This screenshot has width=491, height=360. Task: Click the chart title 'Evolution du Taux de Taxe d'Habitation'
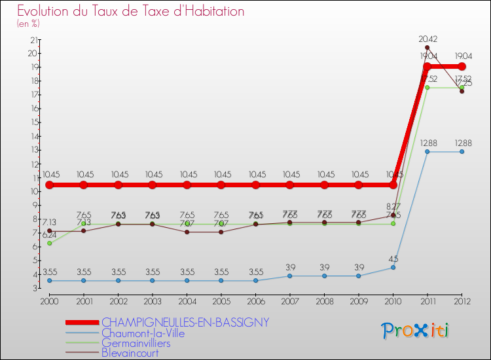131,11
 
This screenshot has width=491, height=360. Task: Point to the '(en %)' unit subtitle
28,24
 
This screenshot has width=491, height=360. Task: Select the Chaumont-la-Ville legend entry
143,333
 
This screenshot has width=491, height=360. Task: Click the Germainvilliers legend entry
136,343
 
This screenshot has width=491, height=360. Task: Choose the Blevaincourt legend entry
130,353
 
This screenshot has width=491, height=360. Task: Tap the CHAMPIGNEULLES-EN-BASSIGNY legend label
185,322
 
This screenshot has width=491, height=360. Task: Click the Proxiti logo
416,331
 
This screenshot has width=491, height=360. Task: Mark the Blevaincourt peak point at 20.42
427,47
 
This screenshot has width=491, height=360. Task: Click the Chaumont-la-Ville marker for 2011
427,151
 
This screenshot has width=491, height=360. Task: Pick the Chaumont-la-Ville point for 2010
393,267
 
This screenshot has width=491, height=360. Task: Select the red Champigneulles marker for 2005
221,185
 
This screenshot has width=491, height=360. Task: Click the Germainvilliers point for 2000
49,243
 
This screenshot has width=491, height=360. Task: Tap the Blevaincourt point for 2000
49,230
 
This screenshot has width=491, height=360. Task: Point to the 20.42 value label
427,39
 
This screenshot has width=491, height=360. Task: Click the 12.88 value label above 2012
462,143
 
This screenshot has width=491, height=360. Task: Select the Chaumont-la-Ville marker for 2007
290,276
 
